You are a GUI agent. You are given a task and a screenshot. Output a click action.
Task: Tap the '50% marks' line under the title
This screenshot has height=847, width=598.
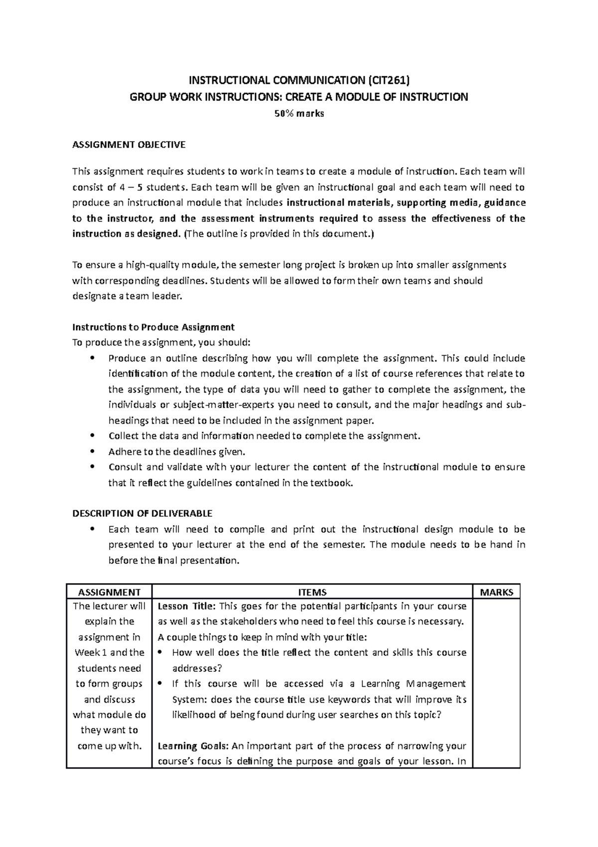(299, 113)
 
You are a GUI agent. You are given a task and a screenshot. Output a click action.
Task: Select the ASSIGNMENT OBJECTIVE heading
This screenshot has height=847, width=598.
(129, 145)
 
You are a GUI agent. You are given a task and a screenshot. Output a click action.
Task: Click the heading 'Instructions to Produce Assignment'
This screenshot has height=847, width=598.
(153, 327)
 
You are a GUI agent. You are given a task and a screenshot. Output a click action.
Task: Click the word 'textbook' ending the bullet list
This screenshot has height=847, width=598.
(331, 483)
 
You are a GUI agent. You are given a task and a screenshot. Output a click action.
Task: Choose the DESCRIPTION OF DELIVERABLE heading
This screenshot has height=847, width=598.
(142, 513)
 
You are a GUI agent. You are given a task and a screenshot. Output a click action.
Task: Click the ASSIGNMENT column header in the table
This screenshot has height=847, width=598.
(109, 592)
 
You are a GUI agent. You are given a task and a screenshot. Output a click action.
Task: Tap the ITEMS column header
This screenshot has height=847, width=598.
(311, 592)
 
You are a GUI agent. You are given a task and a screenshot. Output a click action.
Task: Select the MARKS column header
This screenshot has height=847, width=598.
(496, 592)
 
